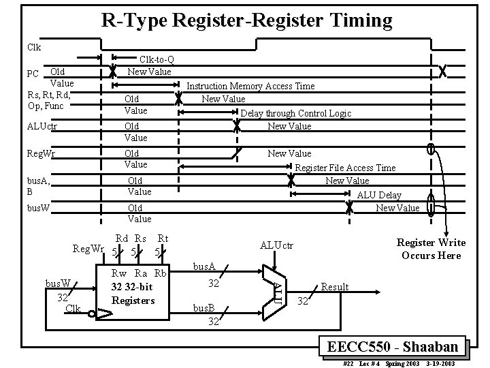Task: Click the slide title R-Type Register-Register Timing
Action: pos(246,20)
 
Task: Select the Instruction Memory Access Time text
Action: pos(250,86)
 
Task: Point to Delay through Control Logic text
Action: pos(296,113)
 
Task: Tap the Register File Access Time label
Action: pos(345,168)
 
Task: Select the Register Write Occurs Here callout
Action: pos(431,249)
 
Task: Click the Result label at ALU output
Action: pos(334,287)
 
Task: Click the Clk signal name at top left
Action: pos(34,47)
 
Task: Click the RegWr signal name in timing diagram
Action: pos(39,153)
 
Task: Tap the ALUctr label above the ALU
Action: pos(276,245)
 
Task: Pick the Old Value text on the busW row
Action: pos(139,213)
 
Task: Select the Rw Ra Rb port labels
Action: pos(139,273)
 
